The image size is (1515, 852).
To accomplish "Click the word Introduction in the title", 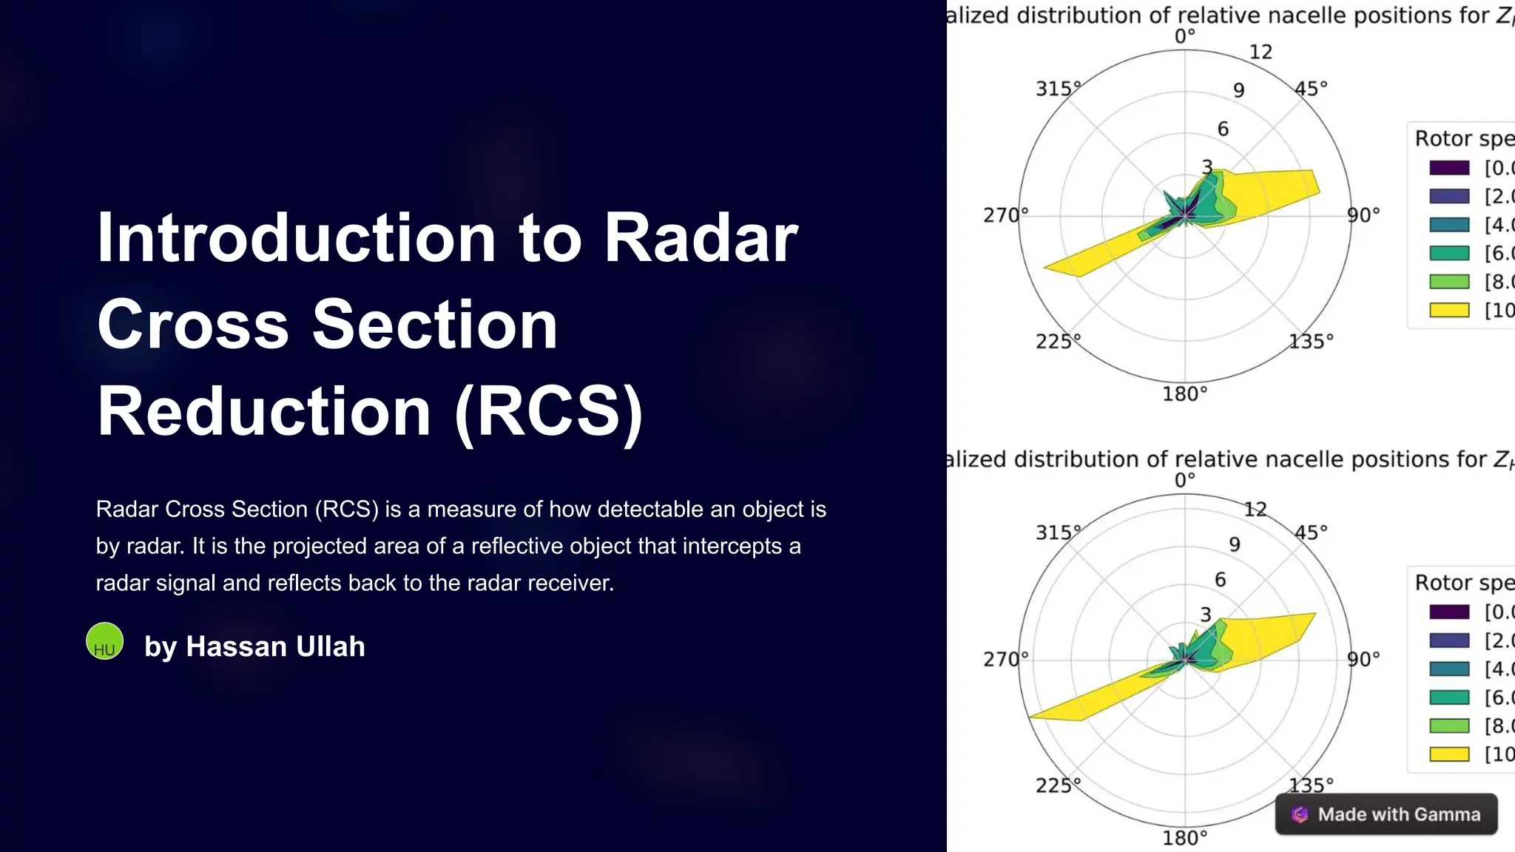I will [296, 238].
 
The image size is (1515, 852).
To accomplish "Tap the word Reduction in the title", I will [264, 411].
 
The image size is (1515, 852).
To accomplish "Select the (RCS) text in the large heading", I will [549, 411].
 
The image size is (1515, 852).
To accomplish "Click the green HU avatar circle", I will [104, 641].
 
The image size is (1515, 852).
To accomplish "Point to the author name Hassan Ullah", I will [275, 646].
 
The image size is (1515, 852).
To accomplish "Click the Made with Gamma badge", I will [1386, 814].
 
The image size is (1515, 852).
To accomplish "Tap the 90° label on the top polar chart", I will [1363, 215].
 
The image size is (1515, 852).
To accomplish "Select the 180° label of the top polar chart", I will [1184, 394].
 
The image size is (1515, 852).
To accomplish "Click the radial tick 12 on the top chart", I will [1261, 53].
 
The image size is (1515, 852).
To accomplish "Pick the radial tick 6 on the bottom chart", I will [1221, 580].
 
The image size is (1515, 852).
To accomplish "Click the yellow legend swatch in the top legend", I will [1448, 310].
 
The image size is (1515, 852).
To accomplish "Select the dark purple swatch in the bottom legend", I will [1448, 612].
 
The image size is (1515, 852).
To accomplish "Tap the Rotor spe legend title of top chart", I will [1463, 139].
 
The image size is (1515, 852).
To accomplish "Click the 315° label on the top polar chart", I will [1057, 89].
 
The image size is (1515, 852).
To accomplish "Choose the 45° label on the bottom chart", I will [1311, 532].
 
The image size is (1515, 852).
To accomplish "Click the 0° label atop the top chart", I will [1184, 36].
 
